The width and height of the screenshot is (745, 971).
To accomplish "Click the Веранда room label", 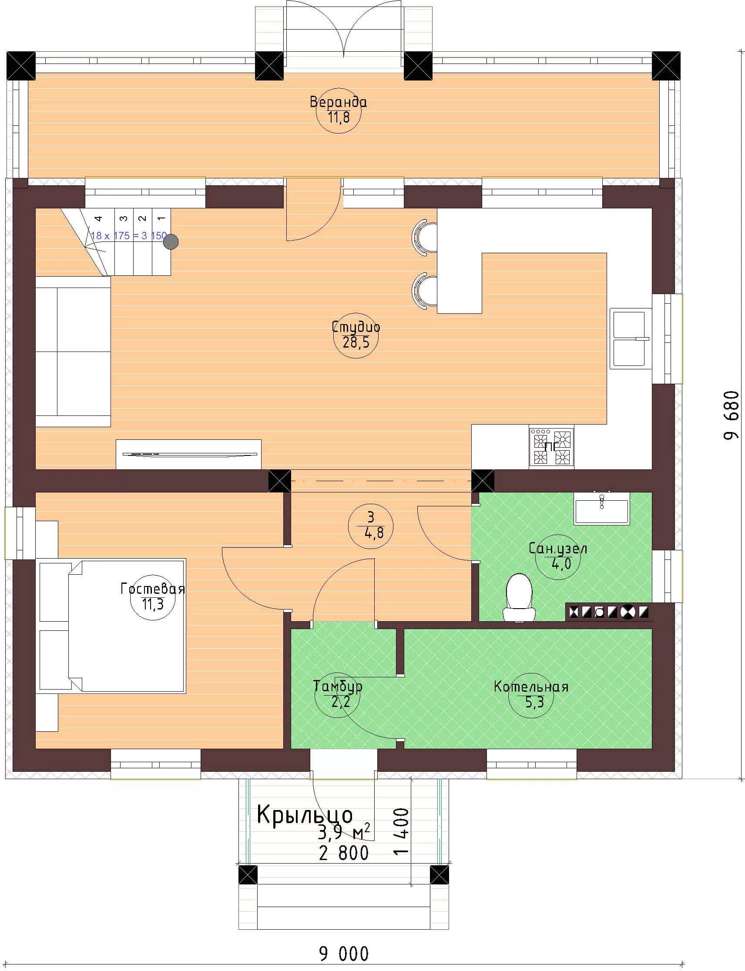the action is [339, 102].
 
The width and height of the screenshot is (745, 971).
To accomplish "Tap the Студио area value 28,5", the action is [356, 342].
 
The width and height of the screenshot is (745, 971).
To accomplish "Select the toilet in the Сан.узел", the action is [519, 597].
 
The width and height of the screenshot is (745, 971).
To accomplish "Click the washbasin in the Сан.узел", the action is [602, 509].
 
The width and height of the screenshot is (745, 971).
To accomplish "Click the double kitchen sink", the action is [631, 339].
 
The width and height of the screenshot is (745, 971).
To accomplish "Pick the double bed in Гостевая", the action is [112, 626].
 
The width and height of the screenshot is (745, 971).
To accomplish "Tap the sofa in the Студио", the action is [73, 352].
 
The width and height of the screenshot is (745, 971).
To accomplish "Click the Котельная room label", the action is [531, 687].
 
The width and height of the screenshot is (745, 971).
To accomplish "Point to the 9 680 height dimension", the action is [731, 415].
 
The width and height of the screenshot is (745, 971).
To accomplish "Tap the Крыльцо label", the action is [305, 815].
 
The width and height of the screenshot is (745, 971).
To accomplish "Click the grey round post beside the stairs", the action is [171, 241].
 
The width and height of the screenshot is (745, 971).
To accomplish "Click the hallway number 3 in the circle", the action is [371, 517].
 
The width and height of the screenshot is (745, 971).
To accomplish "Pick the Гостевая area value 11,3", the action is [153, 604].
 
